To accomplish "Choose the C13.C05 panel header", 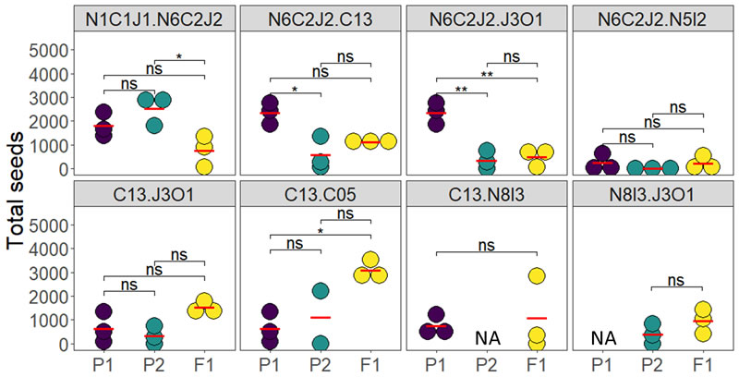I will point(320,195).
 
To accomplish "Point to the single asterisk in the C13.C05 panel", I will point(320,231).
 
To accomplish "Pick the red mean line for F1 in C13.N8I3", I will point(537,318).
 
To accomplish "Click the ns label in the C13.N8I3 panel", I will point(486,246).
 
